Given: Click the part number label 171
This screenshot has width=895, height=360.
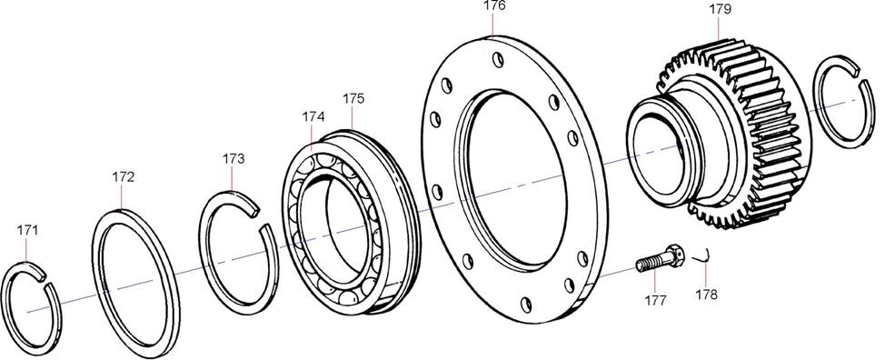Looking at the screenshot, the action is coord(27,230).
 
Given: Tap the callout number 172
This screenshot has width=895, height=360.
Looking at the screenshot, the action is coord(124,177).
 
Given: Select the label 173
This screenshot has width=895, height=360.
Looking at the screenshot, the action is coord(234,159).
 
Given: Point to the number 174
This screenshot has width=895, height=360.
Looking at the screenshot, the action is coord(313,116).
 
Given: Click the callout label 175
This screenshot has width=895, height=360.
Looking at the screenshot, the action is coord(353,98).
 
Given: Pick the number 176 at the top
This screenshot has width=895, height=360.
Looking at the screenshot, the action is coord(494,5).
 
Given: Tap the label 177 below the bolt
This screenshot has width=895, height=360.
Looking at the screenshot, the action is coord(655,301).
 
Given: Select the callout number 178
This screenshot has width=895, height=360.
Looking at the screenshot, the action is coord(706,295).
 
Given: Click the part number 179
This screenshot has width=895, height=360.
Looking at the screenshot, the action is coord(720,9).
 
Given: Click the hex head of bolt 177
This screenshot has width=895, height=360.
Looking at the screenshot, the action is coord(675,256).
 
